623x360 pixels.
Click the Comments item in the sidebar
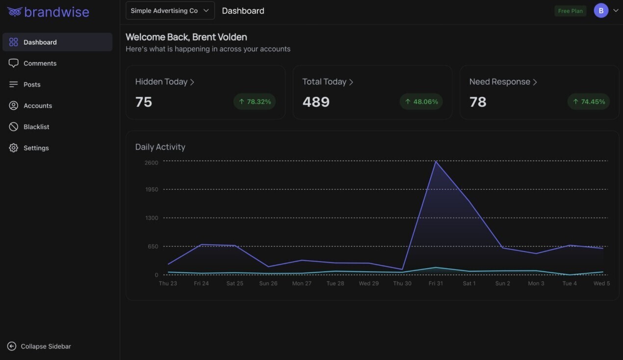click(40, 63)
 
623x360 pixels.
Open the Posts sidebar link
click(32, 84)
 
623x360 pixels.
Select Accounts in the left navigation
click(37, 105)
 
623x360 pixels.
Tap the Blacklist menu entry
click(36, 127)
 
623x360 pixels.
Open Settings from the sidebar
click(36, 148)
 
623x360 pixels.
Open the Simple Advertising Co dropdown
click(170, 11)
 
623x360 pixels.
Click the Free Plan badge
click(570, 11)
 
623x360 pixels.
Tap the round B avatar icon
click(601, 10)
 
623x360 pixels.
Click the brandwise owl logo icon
click(15, 12)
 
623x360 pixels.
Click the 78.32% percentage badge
click(254, 102)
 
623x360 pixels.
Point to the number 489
click(316, 102)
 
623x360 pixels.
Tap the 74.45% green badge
click(588, 102)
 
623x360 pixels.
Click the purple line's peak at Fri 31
click(436, 161)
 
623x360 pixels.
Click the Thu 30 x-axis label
click(402, 283)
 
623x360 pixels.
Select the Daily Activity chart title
click(160, 147)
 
